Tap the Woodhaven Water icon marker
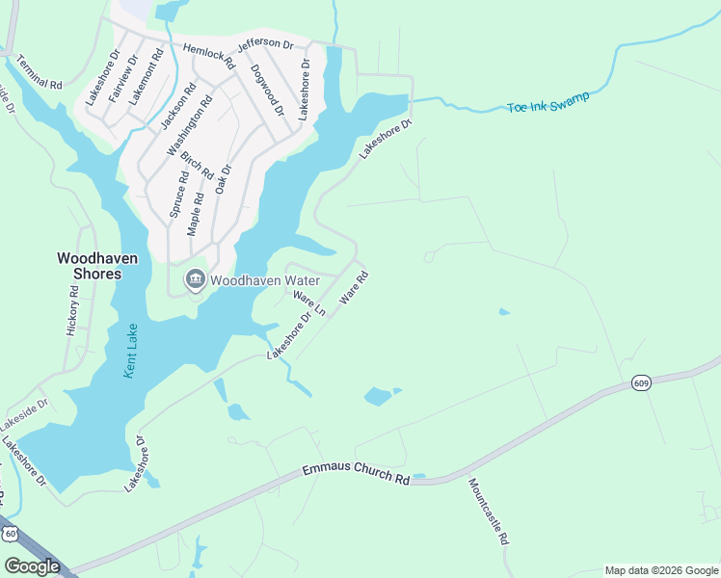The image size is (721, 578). [196, 280]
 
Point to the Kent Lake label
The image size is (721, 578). [132, 351]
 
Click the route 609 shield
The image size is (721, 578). [641, 383]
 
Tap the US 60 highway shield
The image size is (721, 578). [10, 533]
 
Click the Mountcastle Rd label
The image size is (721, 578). [489, 512]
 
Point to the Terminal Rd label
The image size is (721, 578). [40, 71]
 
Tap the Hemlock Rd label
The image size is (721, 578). [208, 55]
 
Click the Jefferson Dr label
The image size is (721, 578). [265, 43]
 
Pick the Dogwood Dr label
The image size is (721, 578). [267, 90]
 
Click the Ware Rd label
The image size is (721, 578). [355, 288]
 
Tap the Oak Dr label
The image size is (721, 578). [224, 178]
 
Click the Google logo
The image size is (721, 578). [32, 566]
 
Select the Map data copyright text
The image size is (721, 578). [661, 570]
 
